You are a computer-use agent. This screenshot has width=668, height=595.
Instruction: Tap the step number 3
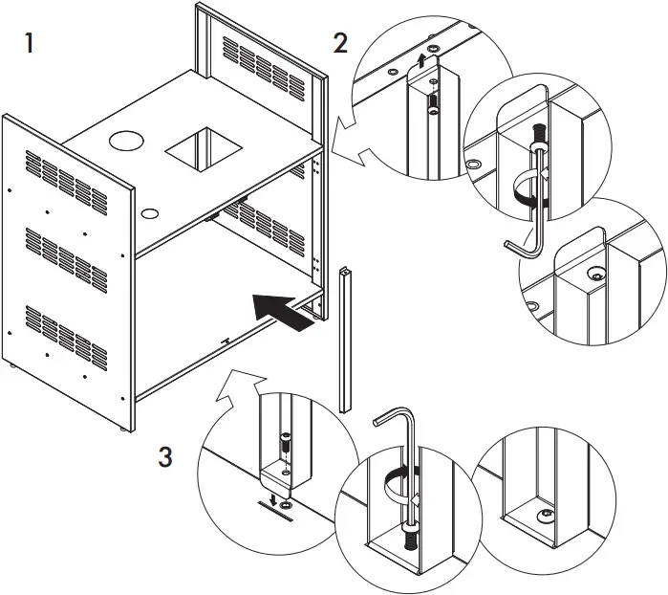pos(165,457)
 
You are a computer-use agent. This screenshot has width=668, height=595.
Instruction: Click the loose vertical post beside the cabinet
pos(343,340)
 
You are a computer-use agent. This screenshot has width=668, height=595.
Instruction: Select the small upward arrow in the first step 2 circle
pos(422,61)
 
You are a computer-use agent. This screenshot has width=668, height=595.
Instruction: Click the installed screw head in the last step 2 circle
pos(595,274)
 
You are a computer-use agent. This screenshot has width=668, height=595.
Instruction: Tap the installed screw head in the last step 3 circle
pos(547,515)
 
